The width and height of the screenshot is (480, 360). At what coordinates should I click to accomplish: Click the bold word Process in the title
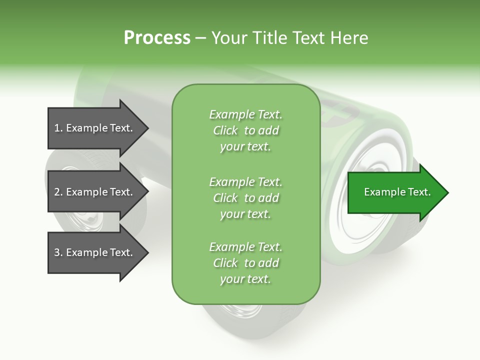pos(157,38)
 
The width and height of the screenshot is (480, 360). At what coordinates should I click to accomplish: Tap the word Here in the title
pos(348,38)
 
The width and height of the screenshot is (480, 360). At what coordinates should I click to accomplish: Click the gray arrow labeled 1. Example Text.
pos(95,128)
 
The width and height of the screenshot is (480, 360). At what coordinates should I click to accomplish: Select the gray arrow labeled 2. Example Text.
pos(95,192)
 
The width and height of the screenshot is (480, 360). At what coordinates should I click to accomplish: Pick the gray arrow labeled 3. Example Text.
pos(95,252)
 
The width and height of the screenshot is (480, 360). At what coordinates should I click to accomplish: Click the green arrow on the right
pos(395,192)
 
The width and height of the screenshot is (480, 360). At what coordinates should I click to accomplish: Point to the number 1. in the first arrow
pos(58,128)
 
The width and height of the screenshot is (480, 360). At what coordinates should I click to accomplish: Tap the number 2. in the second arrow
pos(58,192)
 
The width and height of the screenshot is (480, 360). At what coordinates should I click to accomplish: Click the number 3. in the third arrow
pos(58,252)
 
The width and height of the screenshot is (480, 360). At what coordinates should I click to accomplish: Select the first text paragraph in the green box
pos(245,130)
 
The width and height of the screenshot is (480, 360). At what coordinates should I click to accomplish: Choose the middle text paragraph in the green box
pos(245,198)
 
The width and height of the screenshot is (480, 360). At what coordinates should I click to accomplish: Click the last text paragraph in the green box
pos(245,263)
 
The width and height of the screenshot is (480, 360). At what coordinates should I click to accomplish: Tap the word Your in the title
pos(229,38)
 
